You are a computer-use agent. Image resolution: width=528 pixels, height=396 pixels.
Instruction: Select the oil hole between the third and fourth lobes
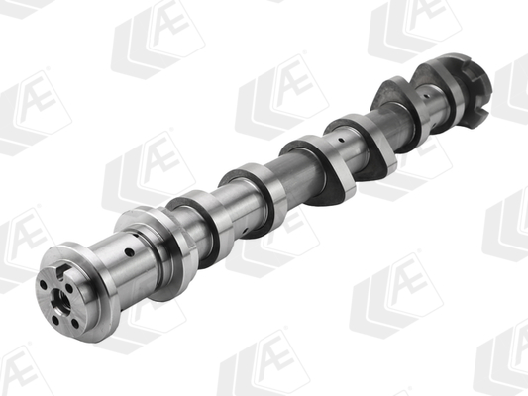click(341, 143)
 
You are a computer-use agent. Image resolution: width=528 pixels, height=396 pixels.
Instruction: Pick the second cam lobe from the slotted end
click(367, 148)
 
